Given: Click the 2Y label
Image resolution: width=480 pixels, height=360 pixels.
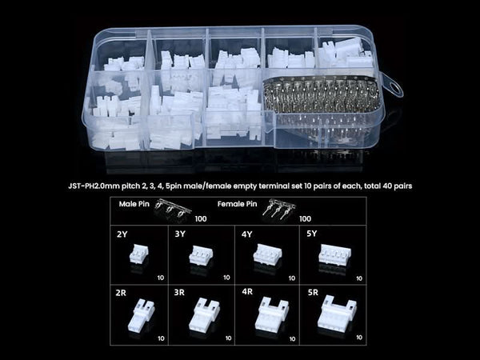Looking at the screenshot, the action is click(122, 234).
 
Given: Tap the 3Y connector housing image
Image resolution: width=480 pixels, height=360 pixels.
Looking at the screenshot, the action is click(201, 254).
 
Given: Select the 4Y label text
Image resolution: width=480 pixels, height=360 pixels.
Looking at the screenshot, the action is click(246, 234).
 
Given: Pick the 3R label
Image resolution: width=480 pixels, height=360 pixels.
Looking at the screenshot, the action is click(179, 293).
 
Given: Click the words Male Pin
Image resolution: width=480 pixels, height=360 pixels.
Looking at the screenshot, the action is click(134, 204).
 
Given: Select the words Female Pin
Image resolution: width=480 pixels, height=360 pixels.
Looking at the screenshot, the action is click(238, 204).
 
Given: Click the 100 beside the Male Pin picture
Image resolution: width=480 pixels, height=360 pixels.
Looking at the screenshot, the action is click(201, 218).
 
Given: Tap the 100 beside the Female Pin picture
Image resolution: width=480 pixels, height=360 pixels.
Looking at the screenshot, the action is click(305, 218).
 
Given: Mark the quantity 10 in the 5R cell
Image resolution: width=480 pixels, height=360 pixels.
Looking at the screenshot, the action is click(359, 337).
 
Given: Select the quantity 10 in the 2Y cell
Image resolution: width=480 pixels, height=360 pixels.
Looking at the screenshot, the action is click(161, 278).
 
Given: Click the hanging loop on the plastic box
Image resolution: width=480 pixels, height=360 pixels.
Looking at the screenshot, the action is click(393, 86).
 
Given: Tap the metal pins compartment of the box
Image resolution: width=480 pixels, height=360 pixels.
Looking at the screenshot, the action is click(322, 110).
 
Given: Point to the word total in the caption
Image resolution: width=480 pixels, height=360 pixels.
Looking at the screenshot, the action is click(371, 186).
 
